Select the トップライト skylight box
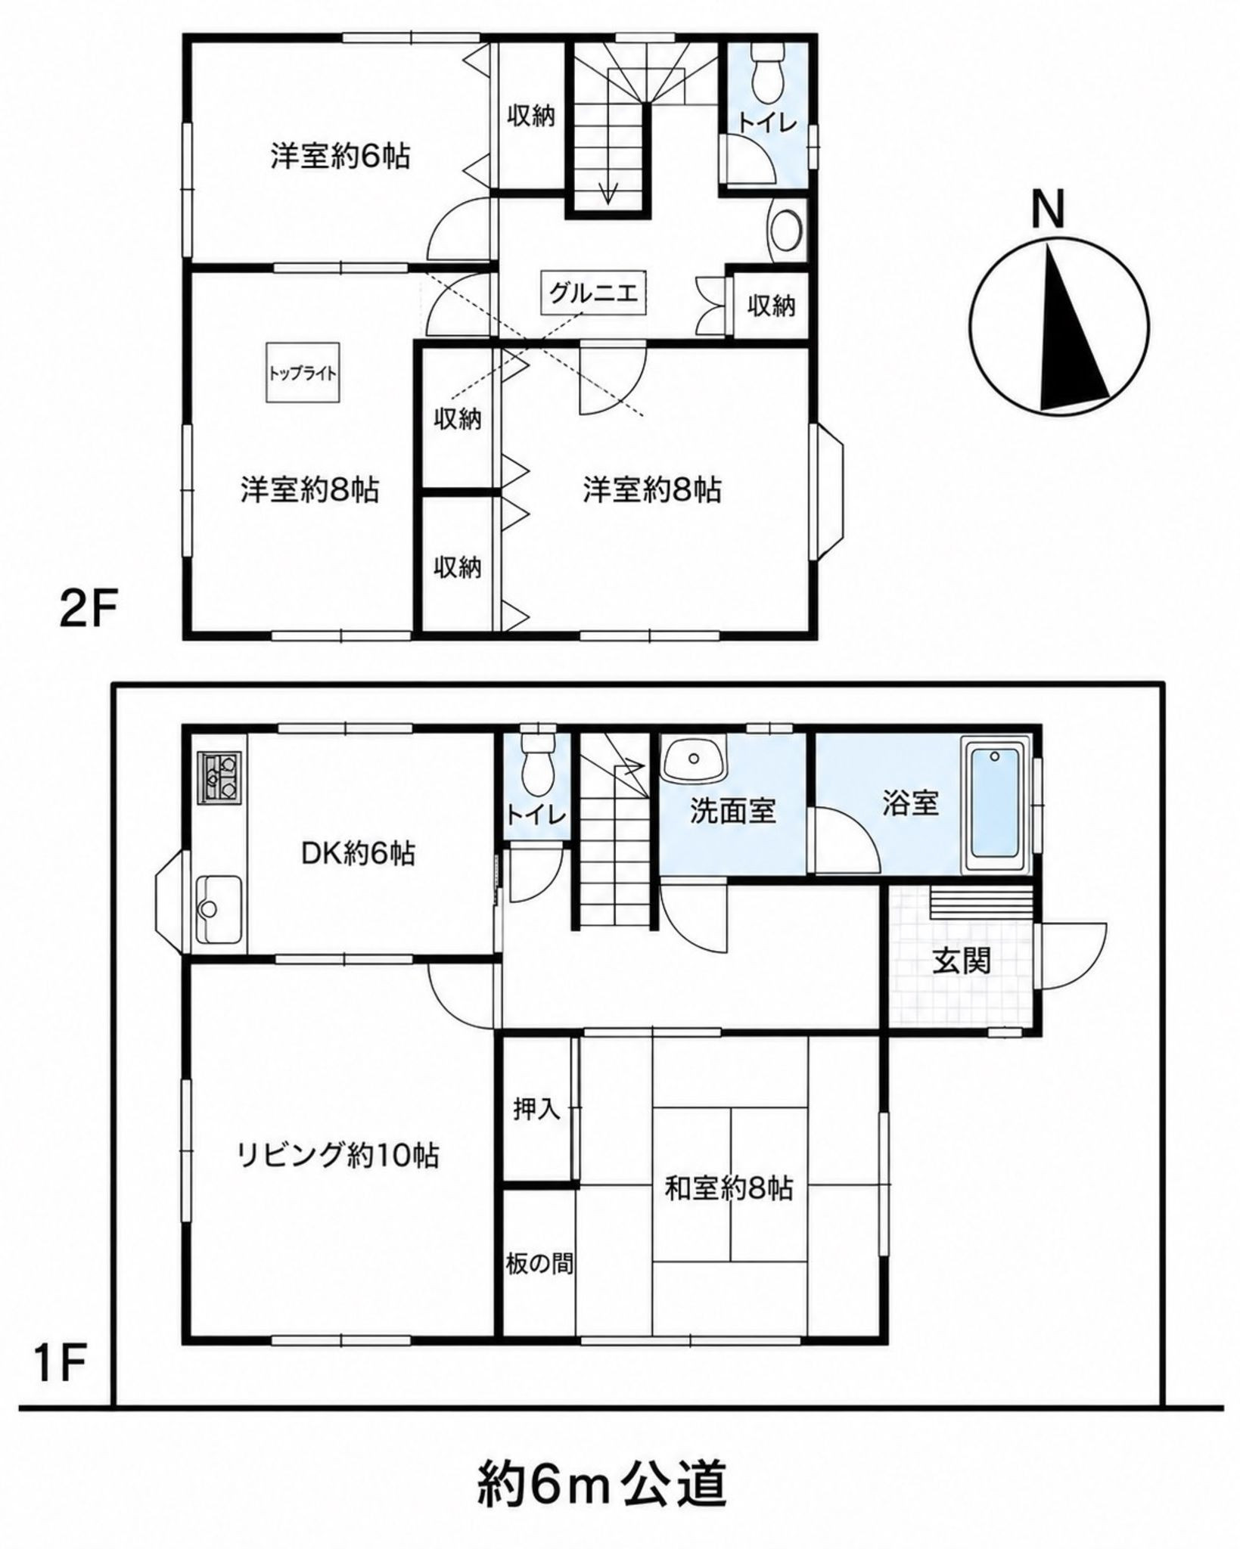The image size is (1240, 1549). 302,373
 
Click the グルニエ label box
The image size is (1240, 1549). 594,292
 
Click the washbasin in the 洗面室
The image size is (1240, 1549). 692,759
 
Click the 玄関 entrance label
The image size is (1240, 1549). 961,961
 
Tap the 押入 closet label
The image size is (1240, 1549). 536,1109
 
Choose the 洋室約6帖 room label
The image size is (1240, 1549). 340,157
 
